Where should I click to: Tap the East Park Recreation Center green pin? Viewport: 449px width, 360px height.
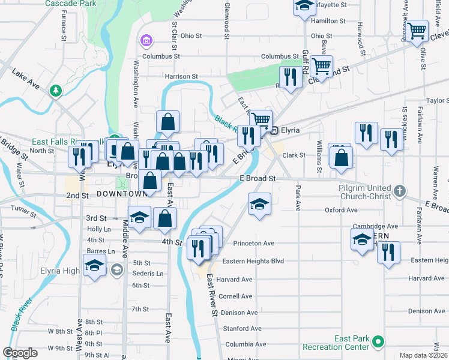tap(378, 343)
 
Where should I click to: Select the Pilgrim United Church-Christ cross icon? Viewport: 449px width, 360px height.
tap(400, 192)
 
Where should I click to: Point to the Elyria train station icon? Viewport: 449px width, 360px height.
tap(274, 130)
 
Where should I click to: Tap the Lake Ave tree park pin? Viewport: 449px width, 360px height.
tap(56, 91)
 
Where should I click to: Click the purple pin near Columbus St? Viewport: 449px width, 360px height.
tap(145, 41)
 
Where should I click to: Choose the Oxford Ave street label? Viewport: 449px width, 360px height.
tap(341, 210)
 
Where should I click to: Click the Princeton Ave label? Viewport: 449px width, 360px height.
tap(253, 243)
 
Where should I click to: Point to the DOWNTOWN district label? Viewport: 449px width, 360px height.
tap(122, 194)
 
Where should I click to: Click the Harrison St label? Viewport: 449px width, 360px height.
tap(181, 76)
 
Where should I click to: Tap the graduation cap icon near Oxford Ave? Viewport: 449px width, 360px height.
tap(259, 204)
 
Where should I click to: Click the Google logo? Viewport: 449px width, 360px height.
tap(20, 353)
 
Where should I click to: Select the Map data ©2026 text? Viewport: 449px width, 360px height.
tap(423, 355)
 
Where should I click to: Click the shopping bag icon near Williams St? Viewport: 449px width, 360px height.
tap(341, 158)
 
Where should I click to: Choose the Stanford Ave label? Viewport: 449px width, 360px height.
tap(242, 328)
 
